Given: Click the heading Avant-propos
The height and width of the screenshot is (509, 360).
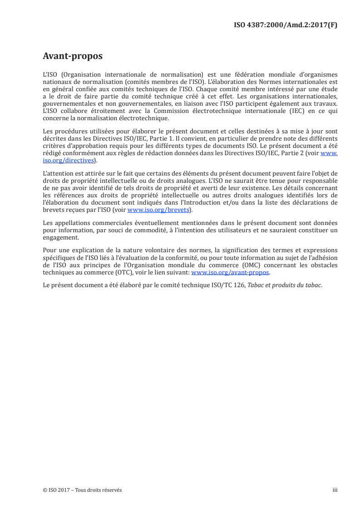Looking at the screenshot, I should click(x=72, y=56).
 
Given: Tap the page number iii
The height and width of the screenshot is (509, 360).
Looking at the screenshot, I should click(x=335, y=490).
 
